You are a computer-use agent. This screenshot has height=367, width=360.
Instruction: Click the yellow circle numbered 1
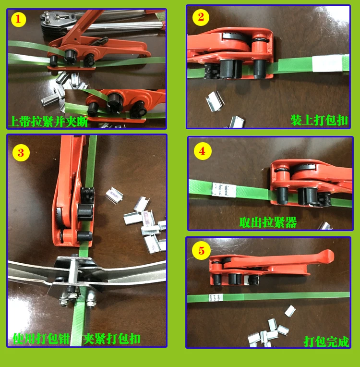click(x=18, y=19)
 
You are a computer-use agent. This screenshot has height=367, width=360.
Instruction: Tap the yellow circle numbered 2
click(x=201, y=17)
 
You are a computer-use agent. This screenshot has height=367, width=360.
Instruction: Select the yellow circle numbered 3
click(x=21, y=153)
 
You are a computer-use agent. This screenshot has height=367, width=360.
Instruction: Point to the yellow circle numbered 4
click(x=203, y=151)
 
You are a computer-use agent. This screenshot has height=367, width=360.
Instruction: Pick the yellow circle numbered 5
click(x=201, y=251)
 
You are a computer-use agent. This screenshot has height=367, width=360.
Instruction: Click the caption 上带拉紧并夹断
click(x=48, y=122)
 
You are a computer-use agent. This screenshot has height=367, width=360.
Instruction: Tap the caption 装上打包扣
click(x=319, y=120)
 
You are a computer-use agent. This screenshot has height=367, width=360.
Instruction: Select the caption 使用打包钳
click(x=41, y=339)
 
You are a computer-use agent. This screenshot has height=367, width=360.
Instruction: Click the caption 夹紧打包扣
click(x=111, y=339)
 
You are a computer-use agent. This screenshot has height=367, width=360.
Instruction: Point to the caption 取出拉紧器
click(x=268, y=222)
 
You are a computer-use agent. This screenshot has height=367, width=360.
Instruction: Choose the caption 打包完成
click(x=326, y=342)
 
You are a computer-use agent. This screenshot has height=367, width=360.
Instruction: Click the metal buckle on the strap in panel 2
click(x=327, y=63)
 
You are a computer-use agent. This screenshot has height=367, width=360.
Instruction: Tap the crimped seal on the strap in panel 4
click(x=224, y=190)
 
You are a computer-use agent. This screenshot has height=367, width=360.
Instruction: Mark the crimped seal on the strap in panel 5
click(x=216, y=298)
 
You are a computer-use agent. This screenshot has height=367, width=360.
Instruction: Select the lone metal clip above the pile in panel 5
click(x=290, y=311)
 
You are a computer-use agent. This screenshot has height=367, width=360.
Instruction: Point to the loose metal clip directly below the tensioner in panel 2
click(x=215, y=101)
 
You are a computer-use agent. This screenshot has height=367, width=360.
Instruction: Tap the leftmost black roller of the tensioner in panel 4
click(x=282, y=195)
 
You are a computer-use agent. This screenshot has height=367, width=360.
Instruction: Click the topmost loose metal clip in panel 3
click(x=114, y=195)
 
